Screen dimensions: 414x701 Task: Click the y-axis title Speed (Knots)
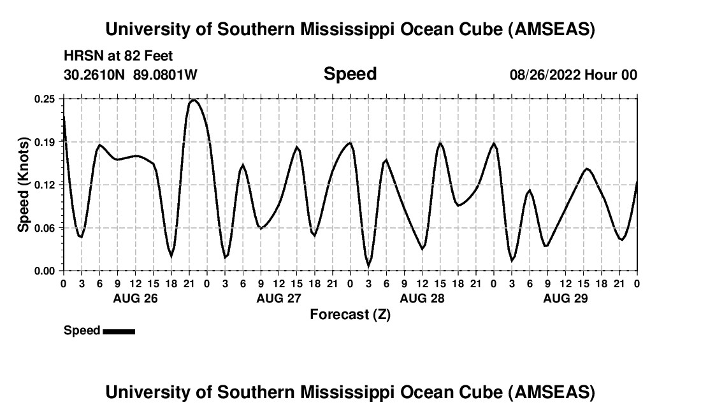(x=24, y=185)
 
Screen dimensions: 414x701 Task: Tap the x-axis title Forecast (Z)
(x=350, y=314)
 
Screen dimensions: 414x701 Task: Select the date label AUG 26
(x=135, y=298)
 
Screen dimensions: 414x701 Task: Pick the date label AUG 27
(x=278, y=298)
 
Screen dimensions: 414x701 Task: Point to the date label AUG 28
(x=422, y=298)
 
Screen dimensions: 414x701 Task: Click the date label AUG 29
(x=565, y=298)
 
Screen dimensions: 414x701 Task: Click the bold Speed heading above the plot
(x=350, y=74)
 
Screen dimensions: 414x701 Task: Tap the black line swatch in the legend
(x=119, y=331)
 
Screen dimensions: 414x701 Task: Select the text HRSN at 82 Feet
(x=119, y=56)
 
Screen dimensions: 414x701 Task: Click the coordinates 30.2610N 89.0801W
(x=131, y=75)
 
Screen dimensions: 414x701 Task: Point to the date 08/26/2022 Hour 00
(x=573, y=75)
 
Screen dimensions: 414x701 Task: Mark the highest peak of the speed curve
(x=194, y=100)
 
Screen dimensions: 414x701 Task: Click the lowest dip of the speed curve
(x=368, y=266)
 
